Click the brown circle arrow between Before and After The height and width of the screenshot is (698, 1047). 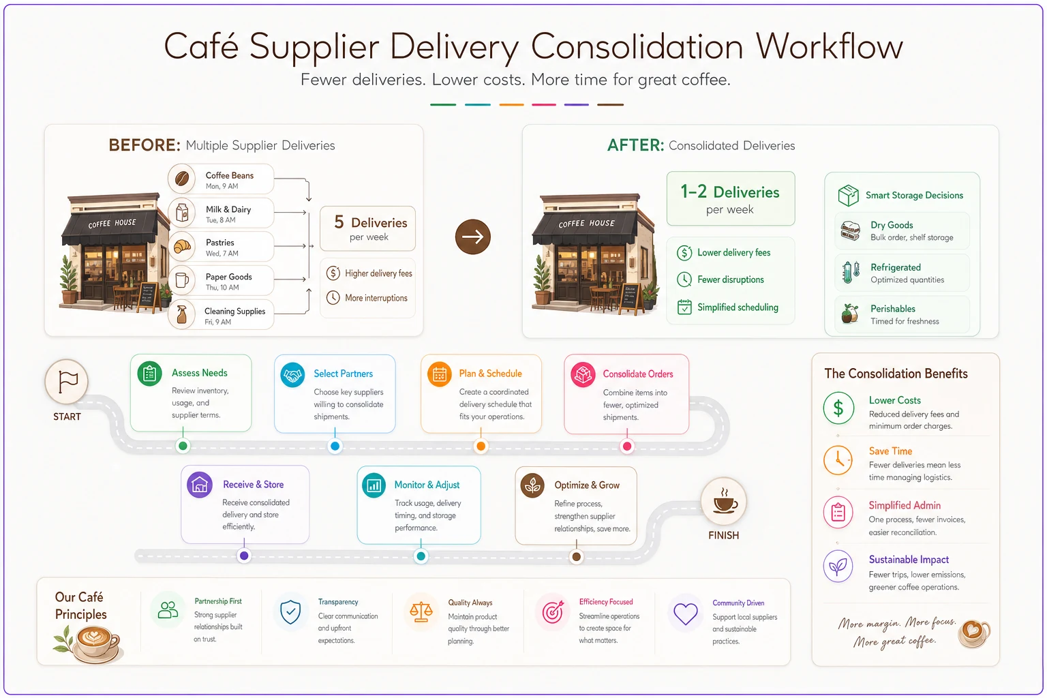click(x=472, y=237)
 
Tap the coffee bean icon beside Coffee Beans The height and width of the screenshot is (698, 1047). click(x=182, y=179)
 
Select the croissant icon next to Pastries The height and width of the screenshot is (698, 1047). click(x=182, y=246)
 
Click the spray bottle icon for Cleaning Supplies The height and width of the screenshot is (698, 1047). click(x=182, y=315)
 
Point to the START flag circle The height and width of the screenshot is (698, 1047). click(x=67, y=382)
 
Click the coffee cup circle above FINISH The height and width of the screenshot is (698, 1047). click(x=723, y=502)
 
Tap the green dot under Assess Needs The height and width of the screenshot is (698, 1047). click(x=183, y=446)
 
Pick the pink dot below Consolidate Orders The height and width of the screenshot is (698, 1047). click(x=627, y=446)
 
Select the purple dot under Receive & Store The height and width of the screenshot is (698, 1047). click(x=243, y=556)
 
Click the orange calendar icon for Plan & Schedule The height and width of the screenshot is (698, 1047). click(x=440, y=374)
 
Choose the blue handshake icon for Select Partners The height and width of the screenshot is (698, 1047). click(x=292, y=374)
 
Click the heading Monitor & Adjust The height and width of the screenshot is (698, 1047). click(x=427, y=485)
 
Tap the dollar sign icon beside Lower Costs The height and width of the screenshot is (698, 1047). click(x=838, y=408)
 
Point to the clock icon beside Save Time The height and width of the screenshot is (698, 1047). click(x=838, y=460)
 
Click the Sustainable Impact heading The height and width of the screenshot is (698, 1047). click(x=909, y=560)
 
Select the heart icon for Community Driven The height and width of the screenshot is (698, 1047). click(x=685, y=613)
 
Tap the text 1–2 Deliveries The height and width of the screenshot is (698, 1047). click(x=729, y=192)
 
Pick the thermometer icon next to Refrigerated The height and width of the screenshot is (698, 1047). click(x=851, y=272)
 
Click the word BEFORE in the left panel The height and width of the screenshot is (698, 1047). click(x=145, y=145)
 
